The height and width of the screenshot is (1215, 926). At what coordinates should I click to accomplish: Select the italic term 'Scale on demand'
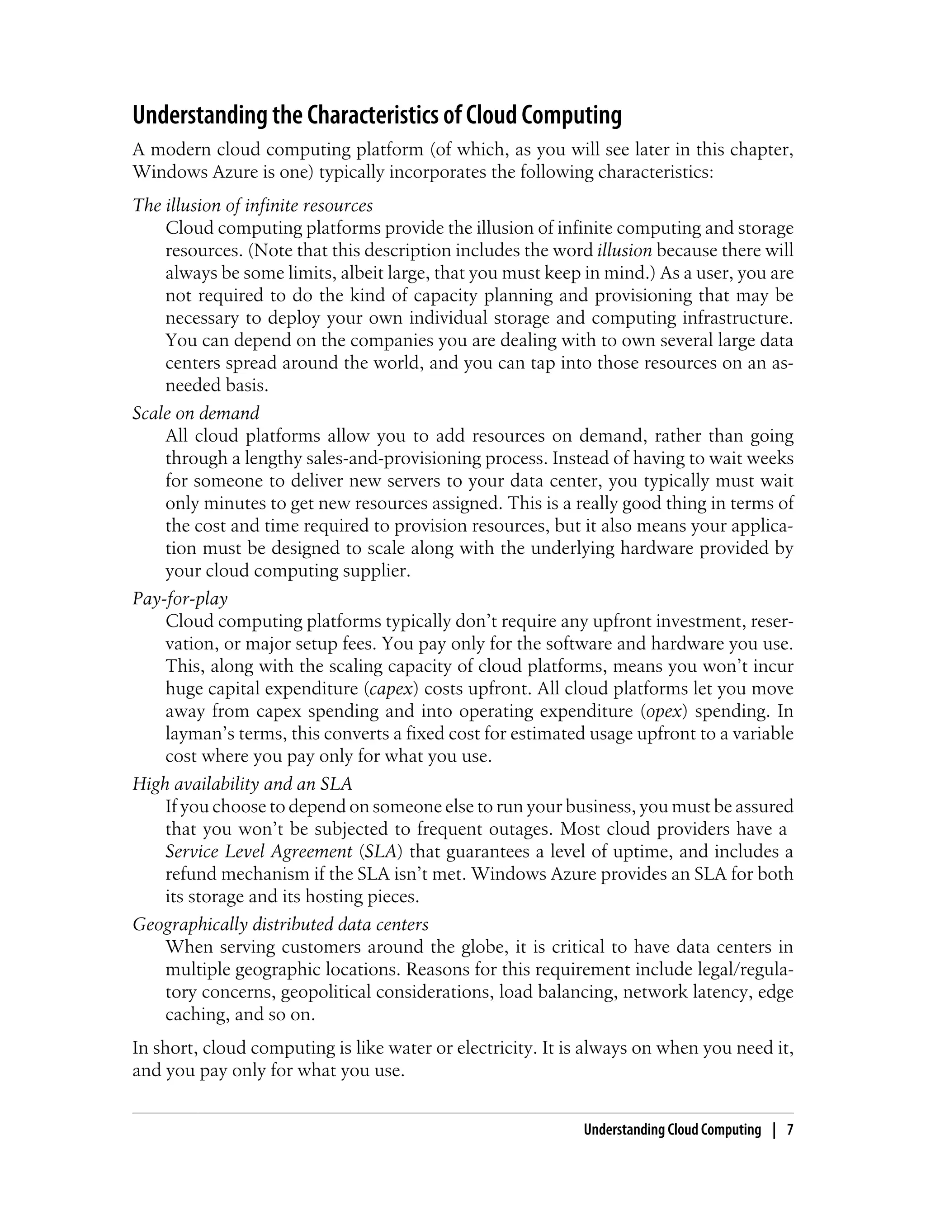[196, 413]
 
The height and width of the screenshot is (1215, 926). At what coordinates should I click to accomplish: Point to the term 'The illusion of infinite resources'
[252, 206]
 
